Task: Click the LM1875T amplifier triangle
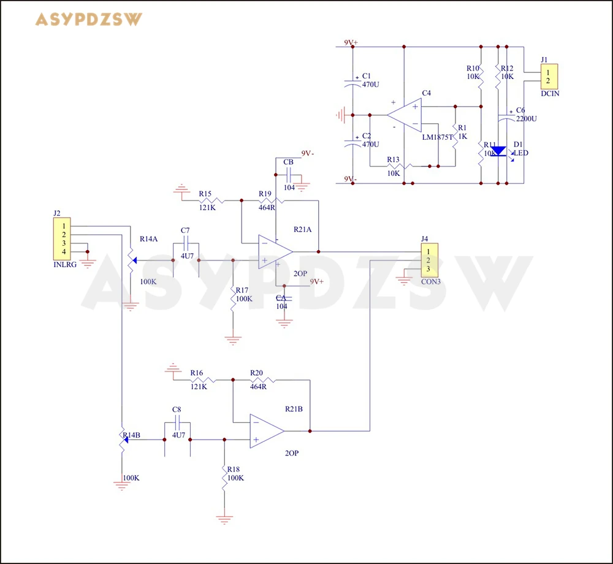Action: [405, 115]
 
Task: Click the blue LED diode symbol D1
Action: [498, 151]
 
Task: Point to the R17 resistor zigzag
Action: [232, 299]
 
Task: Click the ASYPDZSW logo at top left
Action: [89, 20]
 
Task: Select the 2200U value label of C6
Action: [526, 118]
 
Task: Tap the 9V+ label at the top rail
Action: [351, 42]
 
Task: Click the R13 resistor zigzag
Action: [399, 166]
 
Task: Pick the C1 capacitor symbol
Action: [352, 84]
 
